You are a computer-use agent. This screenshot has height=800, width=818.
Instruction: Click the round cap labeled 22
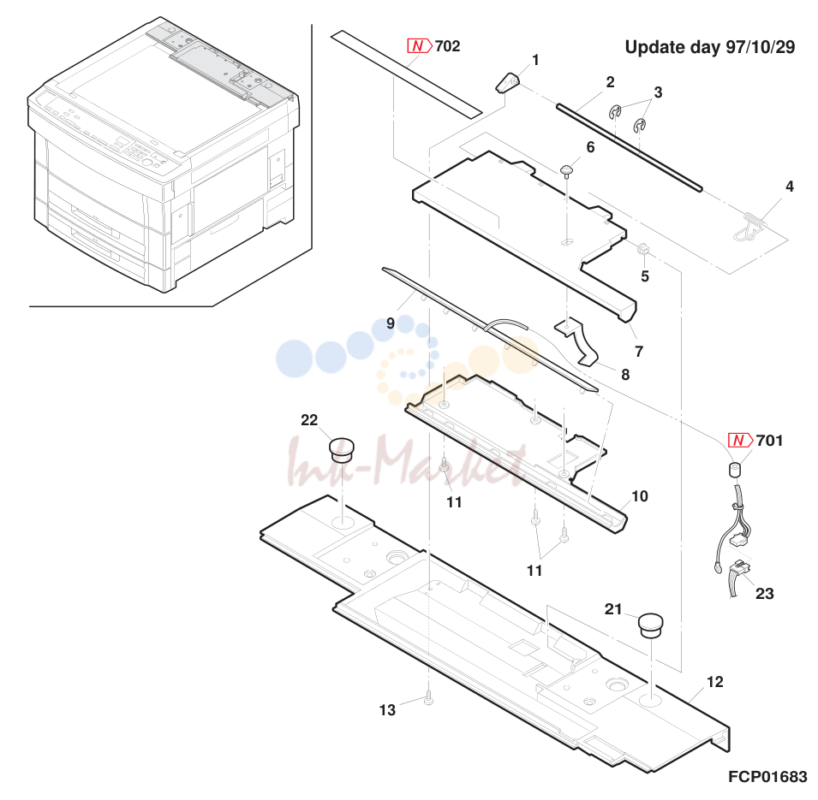point(342,450)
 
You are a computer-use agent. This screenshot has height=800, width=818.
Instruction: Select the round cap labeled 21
point(650,625)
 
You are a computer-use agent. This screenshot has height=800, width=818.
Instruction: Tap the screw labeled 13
point(428,698)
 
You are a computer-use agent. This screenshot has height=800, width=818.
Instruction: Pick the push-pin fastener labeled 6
point(567,171)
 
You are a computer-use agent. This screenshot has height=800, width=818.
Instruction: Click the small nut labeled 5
point(643,250)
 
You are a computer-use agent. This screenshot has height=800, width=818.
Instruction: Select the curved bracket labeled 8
point(576,341)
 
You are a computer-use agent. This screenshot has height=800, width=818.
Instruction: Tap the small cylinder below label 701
point(735,469)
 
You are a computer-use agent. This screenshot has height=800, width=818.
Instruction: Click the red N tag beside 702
point(420,46)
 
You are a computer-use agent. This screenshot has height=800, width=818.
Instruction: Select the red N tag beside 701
point(740,441)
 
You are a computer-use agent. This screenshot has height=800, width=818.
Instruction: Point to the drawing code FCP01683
point(767,777)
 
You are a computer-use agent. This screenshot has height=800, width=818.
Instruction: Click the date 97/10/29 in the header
point(761,47)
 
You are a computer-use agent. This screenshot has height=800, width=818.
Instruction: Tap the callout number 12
point(714,682)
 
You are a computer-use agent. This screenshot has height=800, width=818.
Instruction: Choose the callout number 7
point(639,352)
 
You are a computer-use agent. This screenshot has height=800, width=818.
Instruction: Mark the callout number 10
point(640,496)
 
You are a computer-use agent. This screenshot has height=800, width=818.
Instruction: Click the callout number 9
point(391,323)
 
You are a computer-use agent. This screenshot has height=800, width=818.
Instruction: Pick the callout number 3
point(659,92)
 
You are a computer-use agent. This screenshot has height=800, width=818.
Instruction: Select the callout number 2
point(611,82)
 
